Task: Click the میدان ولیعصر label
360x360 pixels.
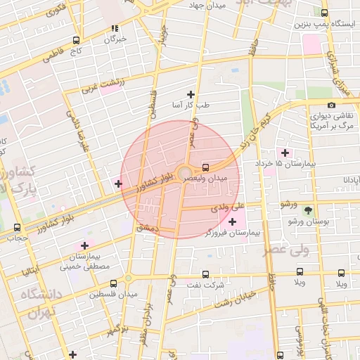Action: (x=206, y=179)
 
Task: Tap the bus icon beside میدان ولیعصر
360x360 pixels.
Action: (x=205, y=167)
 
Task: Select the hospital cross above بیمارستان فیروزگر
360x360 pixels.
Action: (x=233, y=222)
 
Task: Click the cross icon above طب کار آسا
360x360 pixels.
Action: (x=190, y=94)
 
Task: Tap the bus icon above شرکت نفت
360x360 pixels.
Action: (x=205, y=275)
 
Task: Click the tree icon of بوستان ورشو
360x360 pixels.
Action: (x=307, y=210)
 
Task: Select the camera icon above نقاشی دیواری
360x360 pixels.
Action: (x=331, y=105)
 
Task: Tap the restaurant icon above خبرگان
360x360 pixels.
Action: (x=114, y=29)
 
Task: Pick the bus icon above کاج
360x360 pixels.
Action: (x=76, y=40)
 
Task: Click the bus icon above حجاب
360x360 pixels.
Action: (x=17, y=227)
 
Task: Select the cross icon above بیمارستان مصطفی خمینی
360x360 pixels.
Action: (x=85, y=245)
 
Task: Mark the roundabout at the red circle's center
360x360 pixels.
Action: (x=184, y=172)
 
